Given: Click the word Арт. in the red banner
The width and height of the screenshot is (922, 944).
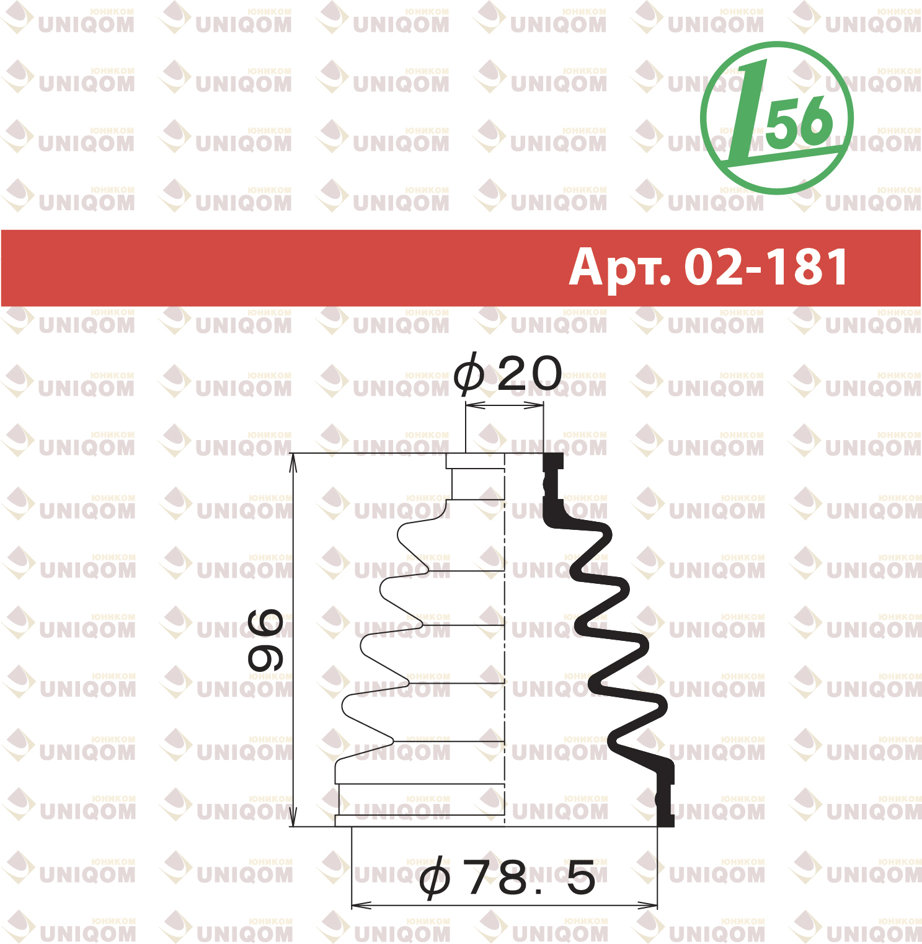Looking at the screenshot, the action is point(620,268).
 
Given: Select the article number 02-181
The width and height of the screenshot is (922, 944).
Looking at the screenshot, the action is point(766,267).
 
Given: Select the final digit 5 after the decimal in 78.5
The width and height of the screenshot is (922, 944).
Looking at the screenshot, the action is point(581,878).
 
